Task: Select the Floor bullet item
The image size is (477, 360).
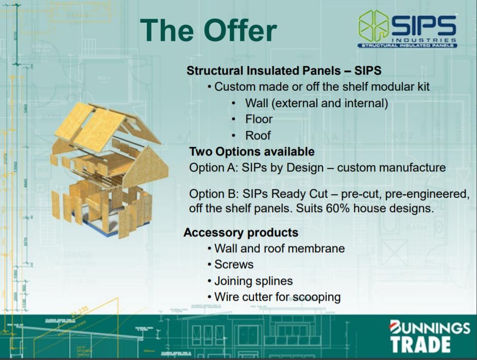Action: (x=259, y=119)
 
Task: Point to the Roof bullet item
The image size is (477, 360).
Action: (x=258, y=135)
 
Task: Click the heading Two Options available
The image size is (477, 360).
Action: (x=252, y=151)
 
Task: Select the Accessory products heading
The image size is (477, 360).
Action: (x=241, y=233)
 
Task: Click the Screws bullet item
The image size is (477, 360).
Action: (x=234, y=265)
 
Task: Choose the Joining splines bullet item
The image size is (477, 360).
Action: (x=253, y=281)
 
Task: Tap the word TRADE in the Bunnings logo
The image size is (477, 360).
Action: (x=420, y=345)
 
